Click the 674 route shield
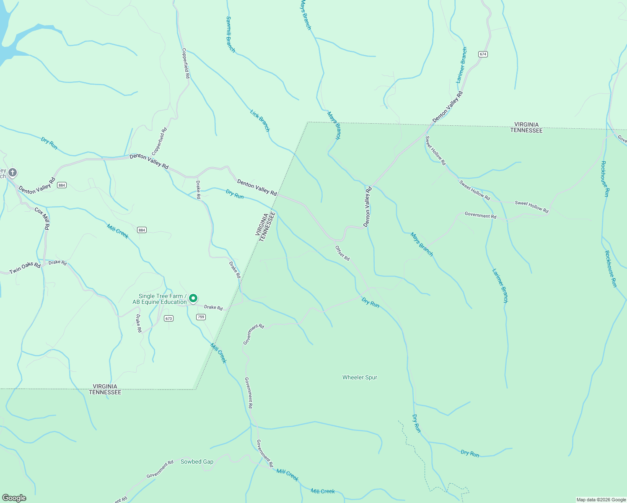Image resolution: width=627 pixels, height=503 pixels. [483, 54]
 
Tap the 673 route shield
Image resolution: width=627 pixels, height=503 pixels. [169, 318]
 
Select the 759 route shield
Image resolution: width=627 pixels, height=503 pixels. [201, 317]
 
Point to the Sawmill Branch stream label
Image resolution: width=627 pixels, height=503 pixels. [230, 34]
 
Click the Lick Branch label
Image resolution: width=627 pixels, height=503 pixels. [260, 120]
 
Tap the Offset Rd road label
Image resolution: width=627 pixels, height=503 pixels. [342, 253]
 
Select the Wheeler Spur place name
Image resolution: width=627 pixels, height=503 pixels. [360, 377]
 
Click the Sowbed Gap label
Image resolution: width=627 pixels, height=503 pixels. [197, 462]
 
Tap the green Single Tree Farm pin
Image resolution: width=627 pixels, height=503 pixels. [193, 298]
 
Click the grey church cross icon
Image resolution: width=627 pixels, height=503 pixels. [13, 172]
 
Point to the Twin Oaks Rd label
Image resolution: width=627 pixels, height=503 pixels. [25, 268]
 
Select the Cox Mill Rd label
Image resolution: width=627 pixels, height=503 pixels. [42, 218]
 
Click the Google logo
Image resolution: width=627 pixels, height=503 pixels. [14, 498]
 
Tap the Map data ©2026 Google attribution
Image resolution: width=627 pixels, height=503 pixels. [601, 500]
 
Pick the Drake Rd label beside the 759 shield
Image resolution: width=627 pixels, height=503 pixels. [213, 307]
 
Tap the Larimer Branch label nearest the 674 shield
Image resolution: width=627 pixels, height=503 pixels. [461, 65]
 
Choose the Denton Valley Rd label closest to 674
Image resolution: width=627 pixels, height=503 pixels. [448, 106]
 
